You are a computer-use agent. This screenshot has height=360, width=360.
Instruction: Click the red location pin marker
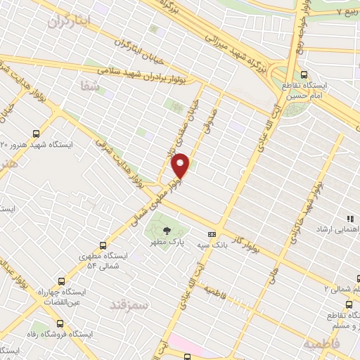pyautogui.click(x=181, y=166)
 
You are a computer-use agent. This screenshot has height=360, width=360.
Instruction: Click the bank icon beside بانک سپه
pyautogui.click(x=212, y=234)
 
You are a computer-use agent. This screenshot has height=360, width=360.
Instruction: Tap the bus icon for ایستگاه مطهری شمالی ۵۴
pyautogui.click(x=103, y=245)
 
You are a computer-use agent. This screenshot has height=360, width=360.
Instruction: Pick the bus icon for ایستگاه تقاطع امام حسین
pyautogui.click(x=303, y=74)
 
